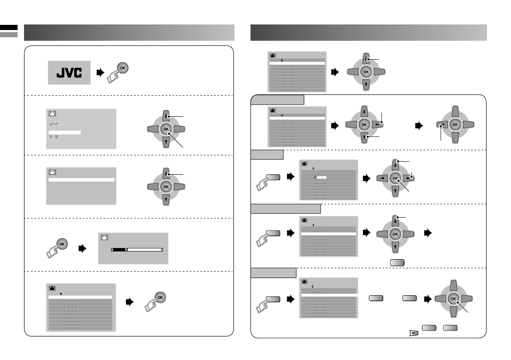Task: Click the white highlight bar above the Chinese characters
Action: pyautogui.click(x=64, y=132)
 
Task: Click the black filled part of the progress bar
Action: pyautogui.click(x=119, y=249)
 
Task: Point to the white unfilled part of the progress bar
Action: pyautogui.click(x=145, y=249)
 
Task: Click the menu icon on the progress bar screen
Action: pyautogui.click(x=104, y=237)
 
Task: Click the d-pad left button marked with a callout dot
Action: pyautogui.click(x=441, y=125)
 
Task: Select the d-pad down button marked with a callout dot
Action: pyautogui.click(x=366, y=137)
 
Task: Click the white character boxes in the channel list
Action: pyautogui.click(x=321, y=177)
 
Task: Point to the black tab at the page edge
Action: pyautogui.click(x=9, y=27)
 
